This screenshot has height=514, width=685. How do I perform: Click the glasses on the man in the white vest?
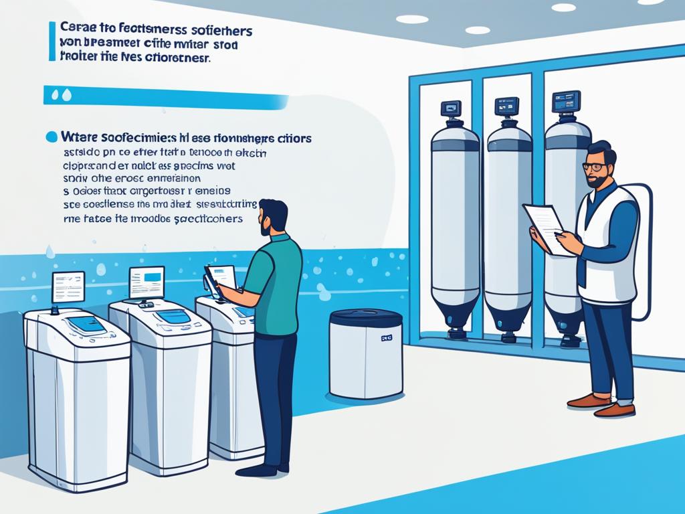click(x=595, y=167)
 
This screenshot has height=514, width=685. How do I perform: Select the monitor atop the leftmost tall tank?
click(x=451, y=108)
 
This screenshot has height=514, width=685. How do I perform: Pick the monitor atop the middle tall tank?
click(x=506, y=106)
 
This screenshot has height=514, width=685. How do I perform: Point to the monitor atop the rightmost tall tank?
click(x=566, y=101)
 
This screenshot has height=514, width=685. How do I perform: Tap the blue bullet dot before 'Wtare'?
click(x=51, y=137)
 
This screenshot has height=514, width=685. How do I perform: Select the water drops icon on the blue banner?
click(x=66, y=96)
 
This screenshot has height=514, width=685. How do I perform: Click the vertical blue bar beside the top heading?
click(x=52, y=41)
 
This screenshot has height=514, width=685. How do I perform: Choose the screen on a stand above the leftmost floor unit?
click(x=68, y=286)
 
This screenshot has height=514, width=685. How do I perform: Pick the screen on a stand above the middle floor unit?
click(x=146, y=282)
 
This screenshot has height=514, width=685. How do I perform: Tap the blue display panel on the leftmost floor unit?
click(x=86, y=325)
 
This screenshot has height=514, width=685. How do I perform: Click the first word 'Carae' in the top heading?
click(x=76, y=29)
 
